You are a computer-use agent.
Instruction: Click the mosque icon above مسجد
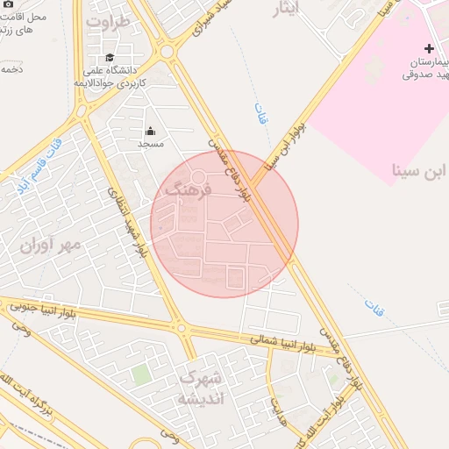(x=151, y=131)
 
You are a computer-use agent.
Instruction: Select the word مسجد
(x=151, y=143)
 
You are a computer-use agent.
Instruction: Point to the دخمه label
(x=11, y=68)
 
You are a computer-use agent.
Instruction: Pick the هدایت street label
(x=278, y=408)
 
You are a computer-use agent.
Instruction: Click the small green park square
(x=141, y=374)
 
